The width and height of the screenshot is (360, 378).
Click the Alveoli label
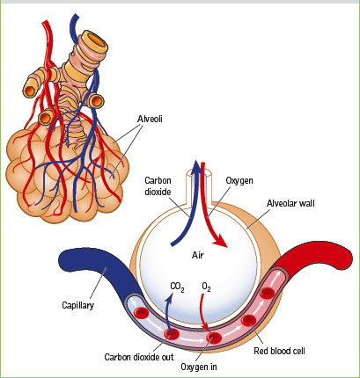pyautogui.click(x=150, y=119)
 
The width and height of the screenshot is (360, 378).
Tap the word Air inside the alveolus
pyautogui.click(x=198, y=255)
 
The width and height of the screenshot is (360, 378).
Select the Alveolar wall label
pyautogui.click(x=290, y=203)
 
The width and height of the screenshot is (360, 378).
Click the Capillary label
pyautogui.click(x=78, y=305)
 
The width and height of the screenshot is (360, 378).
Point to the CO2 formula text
pyautogui.click(x=177, y=287)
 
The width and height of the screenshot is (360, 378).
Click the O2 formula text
pyautogui.click(x=206, y=287)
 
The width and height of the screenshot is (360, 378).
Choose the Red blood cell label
pyautogui.click(x=279, y=351)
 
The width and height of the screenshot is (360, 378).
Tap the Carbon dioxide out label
pyautogui.click(x=139, y=357)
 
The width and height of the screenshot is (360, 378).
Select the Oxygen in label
pyautogui.click(x=199, y=367)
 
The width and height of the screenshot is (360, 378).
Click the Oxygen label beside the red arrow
pyautogui.click(x=239, y=180)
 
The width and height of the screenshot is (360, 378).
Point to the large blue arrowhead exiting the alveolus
pyautogui.click(x=197, y=168)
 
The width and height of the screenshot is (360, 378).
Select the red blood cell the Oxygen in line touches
pyautogui.click(x=214, y=338)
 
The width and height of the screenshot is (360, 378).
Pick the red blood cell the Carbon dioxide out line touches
pyautogui.click(x=172, y=334)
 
